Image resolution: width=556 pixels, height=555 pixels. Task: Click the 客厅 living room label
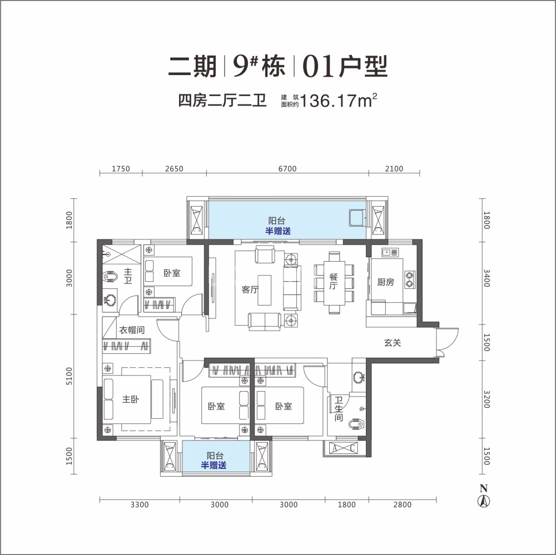250,289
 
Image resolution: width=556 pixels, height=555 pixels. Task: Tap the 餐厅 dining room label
333,281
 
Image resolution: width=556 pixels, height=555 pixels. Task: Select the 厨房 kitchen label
385,282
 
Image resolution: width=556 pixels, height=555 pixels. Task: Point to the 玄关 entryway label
393,343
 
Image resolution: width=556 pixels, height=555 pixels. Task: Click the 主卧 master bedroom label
131,399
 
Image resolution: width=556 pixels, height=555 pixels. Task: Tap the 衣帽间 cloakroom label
132,330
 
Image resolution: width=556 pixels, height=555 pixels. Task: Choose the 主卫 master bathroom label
128,276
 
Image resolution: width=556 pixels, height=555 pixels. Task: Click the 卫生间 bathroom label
339,409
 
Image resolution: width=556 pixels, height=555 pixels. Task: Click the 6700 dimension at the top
287,169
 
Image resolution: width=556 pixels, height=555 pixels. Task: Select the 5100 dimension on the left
69,376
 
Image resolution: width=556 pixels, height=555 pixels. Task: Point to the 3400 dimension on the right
487,278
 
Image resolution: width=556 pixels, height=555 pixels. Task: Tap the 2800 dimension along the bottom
402,504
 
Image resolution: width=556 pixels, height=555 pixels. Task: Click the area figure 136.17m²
339,101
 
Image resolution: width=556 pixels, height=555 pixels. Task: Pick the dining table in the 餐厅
334,283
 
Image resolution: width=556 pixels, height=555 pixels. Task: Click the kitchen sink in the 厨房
390,253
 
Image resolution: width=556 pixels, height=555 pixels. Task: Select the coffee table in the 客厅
265,290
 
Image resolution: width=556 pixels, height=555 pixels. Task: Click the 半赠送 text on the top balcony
278,231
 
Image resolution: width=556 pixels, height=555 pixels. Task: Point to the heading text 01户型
345,66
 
